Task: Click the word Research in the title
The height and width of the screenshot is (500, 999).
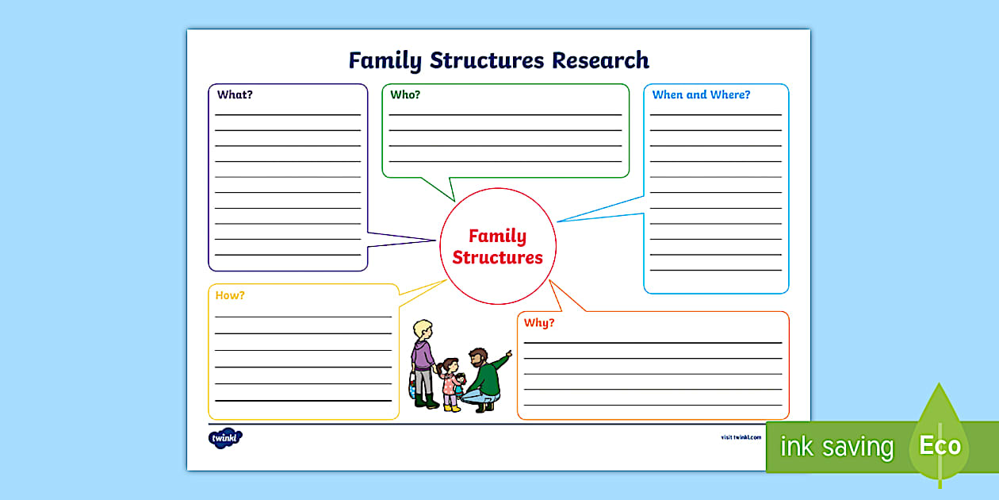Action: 600,60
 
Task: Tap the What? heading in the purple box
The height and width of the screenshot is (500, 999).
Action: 235,94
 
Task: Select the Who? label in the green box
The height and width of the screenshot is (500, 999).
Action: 405,94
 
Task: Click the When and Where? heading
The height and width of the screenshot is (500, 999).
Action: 701,94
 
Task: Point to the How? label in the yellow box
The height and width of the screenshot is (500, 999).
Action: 230,295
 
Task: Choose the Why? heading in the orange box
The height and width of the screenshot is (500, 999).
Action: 539,323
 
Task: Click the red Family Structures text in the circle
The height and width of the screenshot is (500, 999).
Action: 498,246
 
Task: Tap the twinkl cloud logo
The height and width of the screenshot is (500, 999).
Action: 225,438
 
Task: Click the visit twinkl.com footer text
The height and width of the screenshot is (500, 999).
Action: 741,437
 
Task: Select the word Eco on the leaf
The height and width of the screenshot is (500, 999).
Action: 940,445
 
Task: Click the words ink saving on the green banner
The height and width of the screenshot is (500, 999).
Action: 836,446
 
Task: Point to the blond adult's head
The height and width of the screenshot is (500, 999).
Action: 423,330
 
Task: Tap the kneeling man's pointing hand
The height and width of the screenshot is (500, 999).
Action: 508,354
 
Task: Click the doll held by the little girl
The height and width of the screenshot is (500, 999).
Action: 459,384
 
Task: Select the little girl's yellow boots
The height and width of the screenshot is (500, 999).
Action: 452,408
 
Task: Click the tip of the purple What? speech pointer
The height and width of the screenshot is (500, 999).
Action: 436,240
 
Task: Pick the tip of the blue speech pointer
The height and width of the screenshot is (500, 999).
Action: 557,221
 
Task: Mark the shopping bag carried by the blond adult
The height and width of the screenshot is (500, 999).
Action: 412,386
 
